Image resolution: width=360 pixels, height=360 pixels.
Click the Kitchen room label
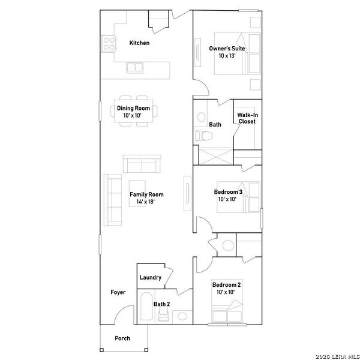tap(139, 43)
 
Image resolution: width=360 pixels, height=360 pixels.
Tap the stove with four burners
tap(109, 43)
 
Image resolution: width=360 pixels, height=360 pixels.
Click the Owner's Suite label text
tap(222, 52)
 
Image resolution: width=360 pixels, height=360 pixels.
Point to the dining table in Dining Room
tap(134, 111)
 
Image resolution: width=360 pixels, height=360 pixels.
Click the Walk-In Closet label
tap(246, 118)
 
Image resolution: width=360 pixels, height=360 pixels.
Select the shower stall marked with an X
tap(213, 155)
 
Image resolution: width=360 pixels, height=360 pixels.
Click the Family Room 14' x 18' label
tap(146, 198)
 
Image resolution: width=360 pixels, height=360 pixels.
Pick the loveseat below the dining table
tap(142, 164)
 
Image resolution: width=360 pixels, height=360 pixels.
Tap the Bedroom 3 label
tap(228, 196)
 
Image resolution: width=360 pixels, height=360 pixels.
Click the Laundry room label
tap(150, 277)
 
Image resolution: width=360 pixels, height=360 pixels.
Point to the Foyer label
tap(118, 293)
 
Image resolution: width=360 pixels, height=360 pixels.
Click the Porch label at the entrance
tap(122, 338)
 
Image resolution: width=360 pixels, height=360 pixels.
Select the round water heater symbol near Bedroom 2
tap(227, 246)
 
